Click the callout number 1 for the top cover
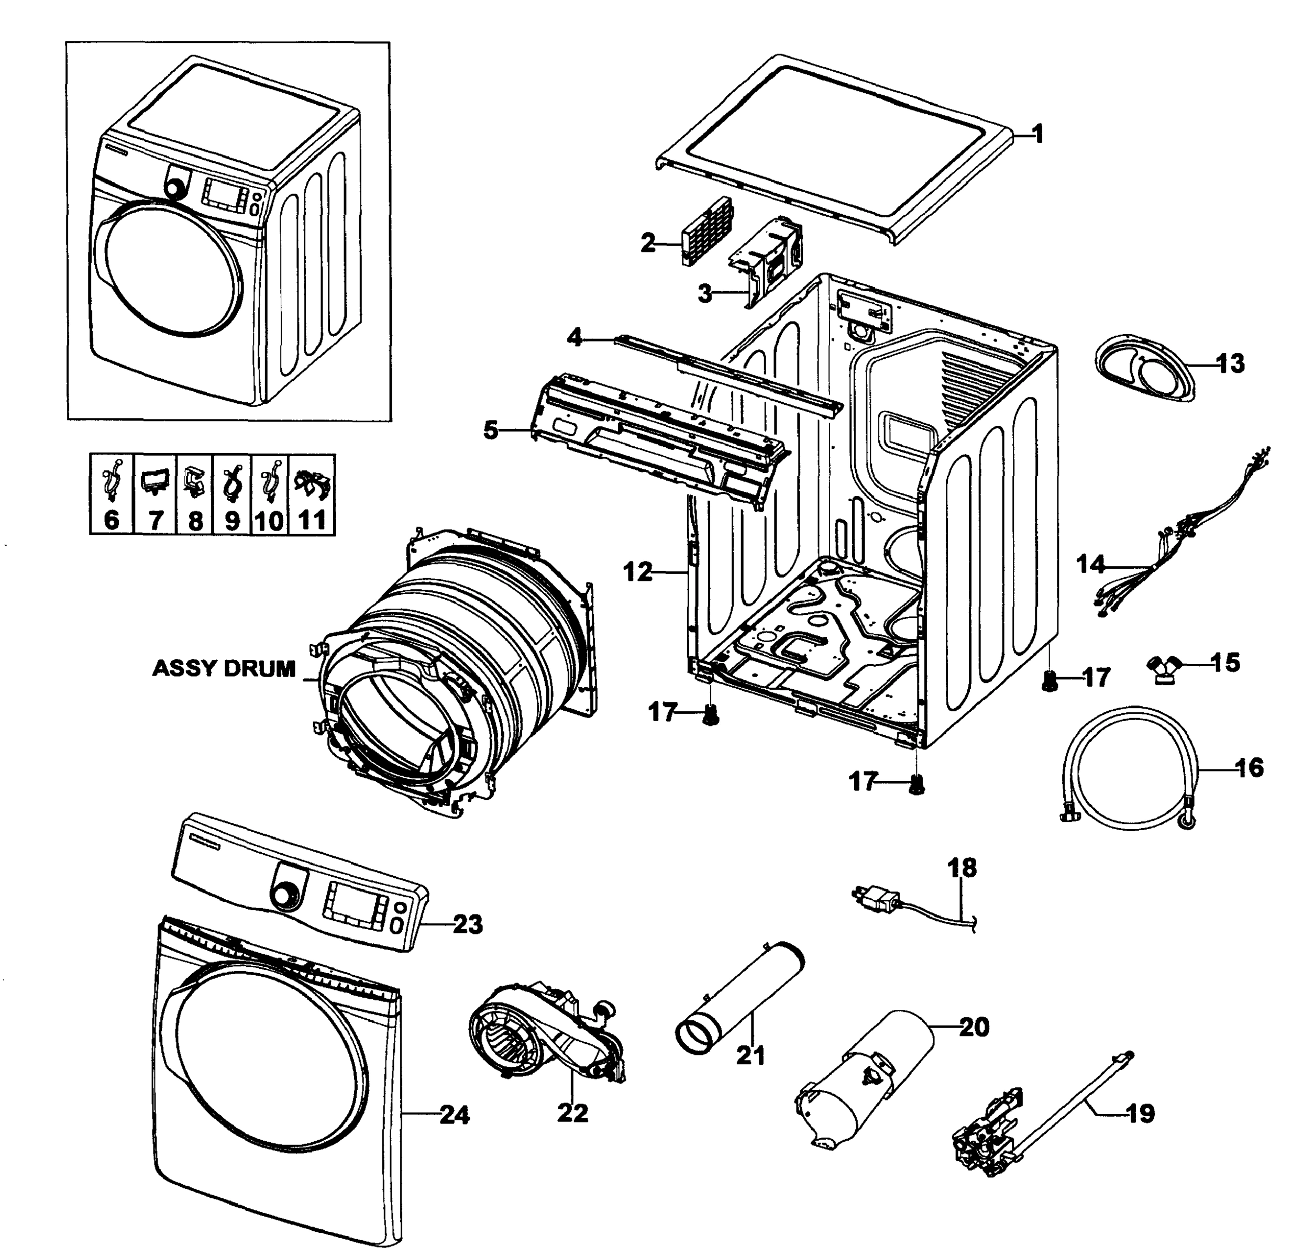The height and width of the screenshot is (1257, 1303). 1038,135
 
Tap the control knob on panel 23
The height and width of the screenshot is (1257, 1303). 286,896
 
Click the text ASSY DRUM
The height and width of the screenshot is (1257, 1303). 224,668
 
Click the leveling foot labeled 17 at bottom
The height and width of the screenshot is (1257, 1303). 918,786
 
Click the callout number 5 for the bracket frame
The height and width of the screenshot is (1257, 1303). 491,431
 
